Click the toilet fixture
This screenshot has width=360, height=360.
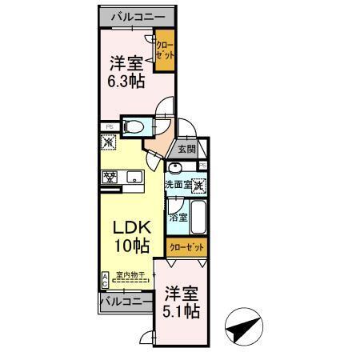134,126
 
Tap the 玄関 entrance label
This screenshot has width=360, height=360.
186,149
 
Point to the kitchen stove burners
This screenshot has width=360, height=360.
109,176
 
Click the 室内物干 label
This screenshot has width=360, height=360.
130,275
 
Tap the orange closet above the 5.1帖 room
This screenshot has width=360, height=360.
186,247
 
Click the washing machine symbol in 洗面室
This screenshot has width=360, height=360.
197,186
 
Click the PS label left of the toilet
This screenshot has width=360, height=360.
108,125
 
